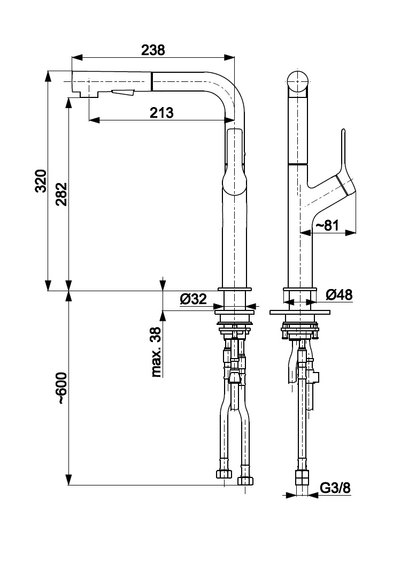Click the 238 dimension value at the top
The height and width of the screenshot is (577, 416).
point(153,50)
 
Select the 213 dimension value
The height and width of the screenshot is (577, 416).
point(161,112)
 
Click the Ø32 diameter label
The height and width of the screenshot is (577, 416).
point(193,299)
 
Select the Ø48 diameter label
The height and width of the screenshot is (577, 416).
point(338,294)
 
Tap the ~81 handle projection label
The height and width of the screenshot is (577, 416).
point(327,226)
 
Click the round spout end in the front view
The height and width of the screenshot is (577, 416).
point(298,81)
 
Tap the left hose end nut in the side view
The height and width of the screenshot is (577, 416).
point(224,474)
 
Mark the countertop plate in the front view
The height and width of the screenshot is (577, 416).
point(301,311)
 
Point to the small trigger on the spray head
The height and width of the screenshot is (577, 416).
point(123,94)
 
